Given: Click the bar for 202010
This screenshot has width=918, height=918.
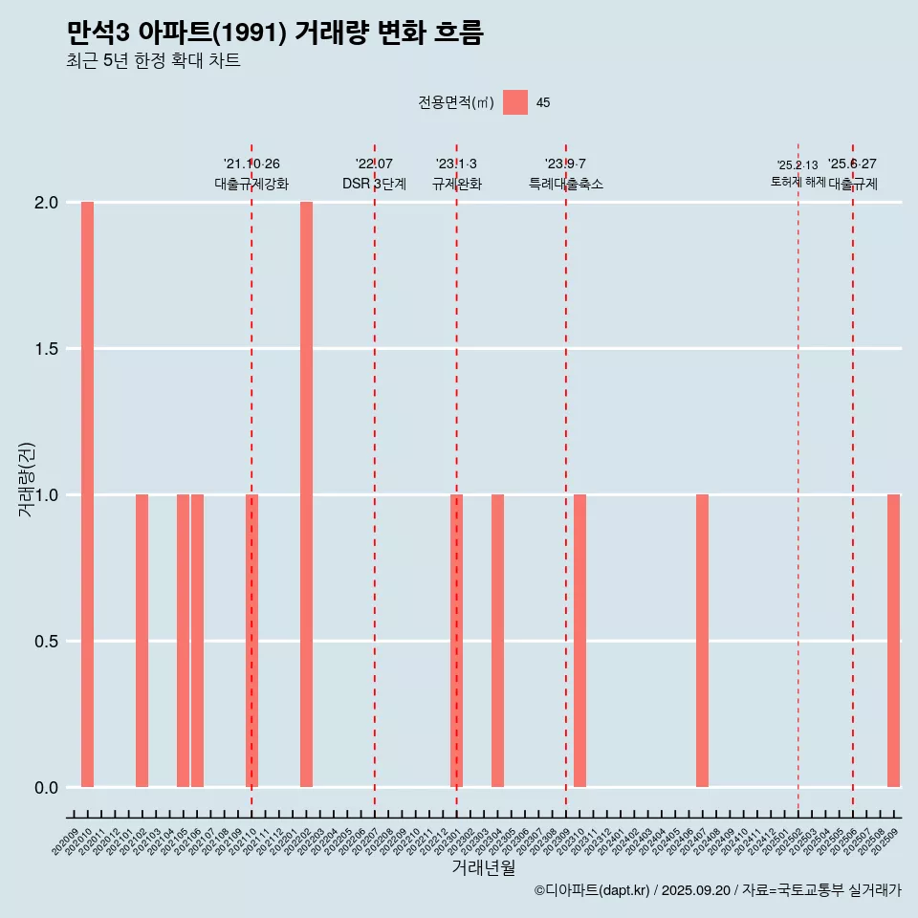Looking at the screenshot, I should pos(87,494).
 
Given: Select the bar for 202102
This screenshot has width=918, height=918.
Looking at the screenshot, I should pos(142,641).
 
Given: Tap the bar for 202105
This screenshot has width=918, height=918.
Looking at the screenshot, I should pos(183,641).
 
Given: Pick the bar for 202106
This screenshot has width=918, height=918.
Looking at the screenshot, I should pos(197,641).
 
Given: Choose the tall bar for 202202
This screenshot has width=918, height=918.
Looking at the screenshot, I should pos(306,494).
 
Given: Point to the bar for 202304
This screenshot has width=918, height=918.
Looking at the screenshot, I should pos(497,641).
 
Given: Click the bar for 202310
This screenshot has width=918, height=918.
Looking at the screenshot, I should pos(579,641).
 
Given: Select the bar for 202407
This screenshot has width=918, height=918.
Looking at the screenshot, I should pos(702,641).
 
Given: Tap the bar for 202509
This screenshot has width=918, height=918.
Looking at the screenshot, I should pos(893,641).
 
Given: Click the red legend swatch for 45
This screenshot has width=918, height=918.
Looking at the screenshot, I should pos(515,102).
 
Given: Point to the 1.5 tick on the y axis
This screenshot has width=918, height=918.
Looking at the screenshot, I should pos(47,349).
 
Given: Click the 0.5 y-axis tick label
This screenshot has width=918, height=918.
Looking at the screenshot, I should pos(47,641).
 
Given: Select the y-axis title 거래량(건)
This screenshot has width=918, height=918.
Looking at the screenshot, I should pos(26,479).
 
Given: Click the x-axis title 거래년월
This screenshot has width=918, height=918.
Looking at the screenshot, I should pos(483,868).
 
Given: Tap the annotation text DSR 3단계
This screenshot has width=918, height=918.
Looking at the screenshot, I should pos(375,184).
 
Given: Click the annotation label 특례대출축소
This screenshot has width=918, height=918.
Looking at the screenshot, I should pos(566,184).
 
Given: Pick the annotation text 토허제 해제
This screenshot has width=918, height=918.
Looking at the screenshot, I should pos(798,182).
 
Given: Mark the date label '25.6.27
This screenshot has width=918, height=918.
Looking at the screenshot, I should pos(852,164).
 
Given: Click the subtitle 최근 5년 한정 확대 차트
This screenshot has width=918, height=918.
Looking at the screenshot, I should pos(153,61).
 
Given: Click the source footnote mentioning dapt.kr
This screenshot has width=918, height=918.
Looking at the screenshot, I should pos(717,890).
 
